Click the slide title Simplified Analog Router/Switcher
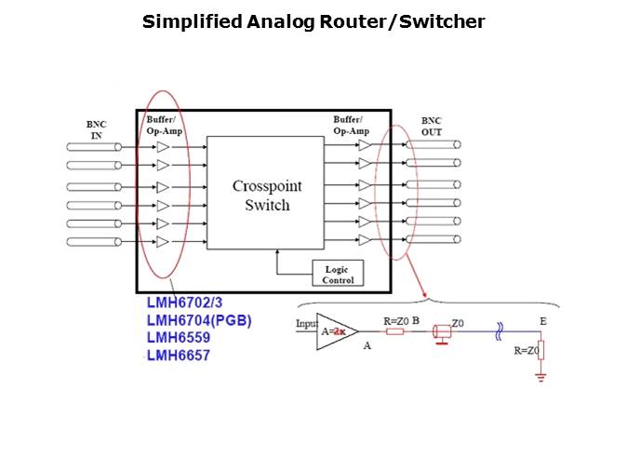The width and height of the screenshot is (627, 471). coord(313,21)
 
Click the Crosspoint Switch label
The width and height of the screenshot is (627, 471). coord(267,195)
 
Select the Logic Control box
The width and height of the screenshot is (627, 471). coord(338,274)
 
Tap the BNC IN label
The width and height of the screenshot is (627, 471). coord(96,129)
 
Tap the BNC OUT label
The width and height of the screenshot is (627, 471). coord(432,127)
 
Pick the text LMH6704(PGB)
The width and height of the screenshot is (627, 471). coord(199,321)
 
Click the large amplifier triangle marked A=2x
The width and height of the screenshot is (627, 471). coord(336,330)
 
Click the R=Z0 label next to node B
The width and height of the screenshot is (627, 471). coord(396,320)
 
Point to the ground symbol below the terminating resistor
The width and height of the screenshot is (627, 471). coord(540,377)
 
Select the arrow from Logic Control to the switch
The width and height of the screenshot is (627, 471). coord(277,263)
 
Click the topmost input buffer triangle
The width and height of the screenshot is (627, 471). coord(163,147)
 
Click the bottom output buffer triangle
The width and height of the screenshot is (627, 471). coord(365,240)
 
